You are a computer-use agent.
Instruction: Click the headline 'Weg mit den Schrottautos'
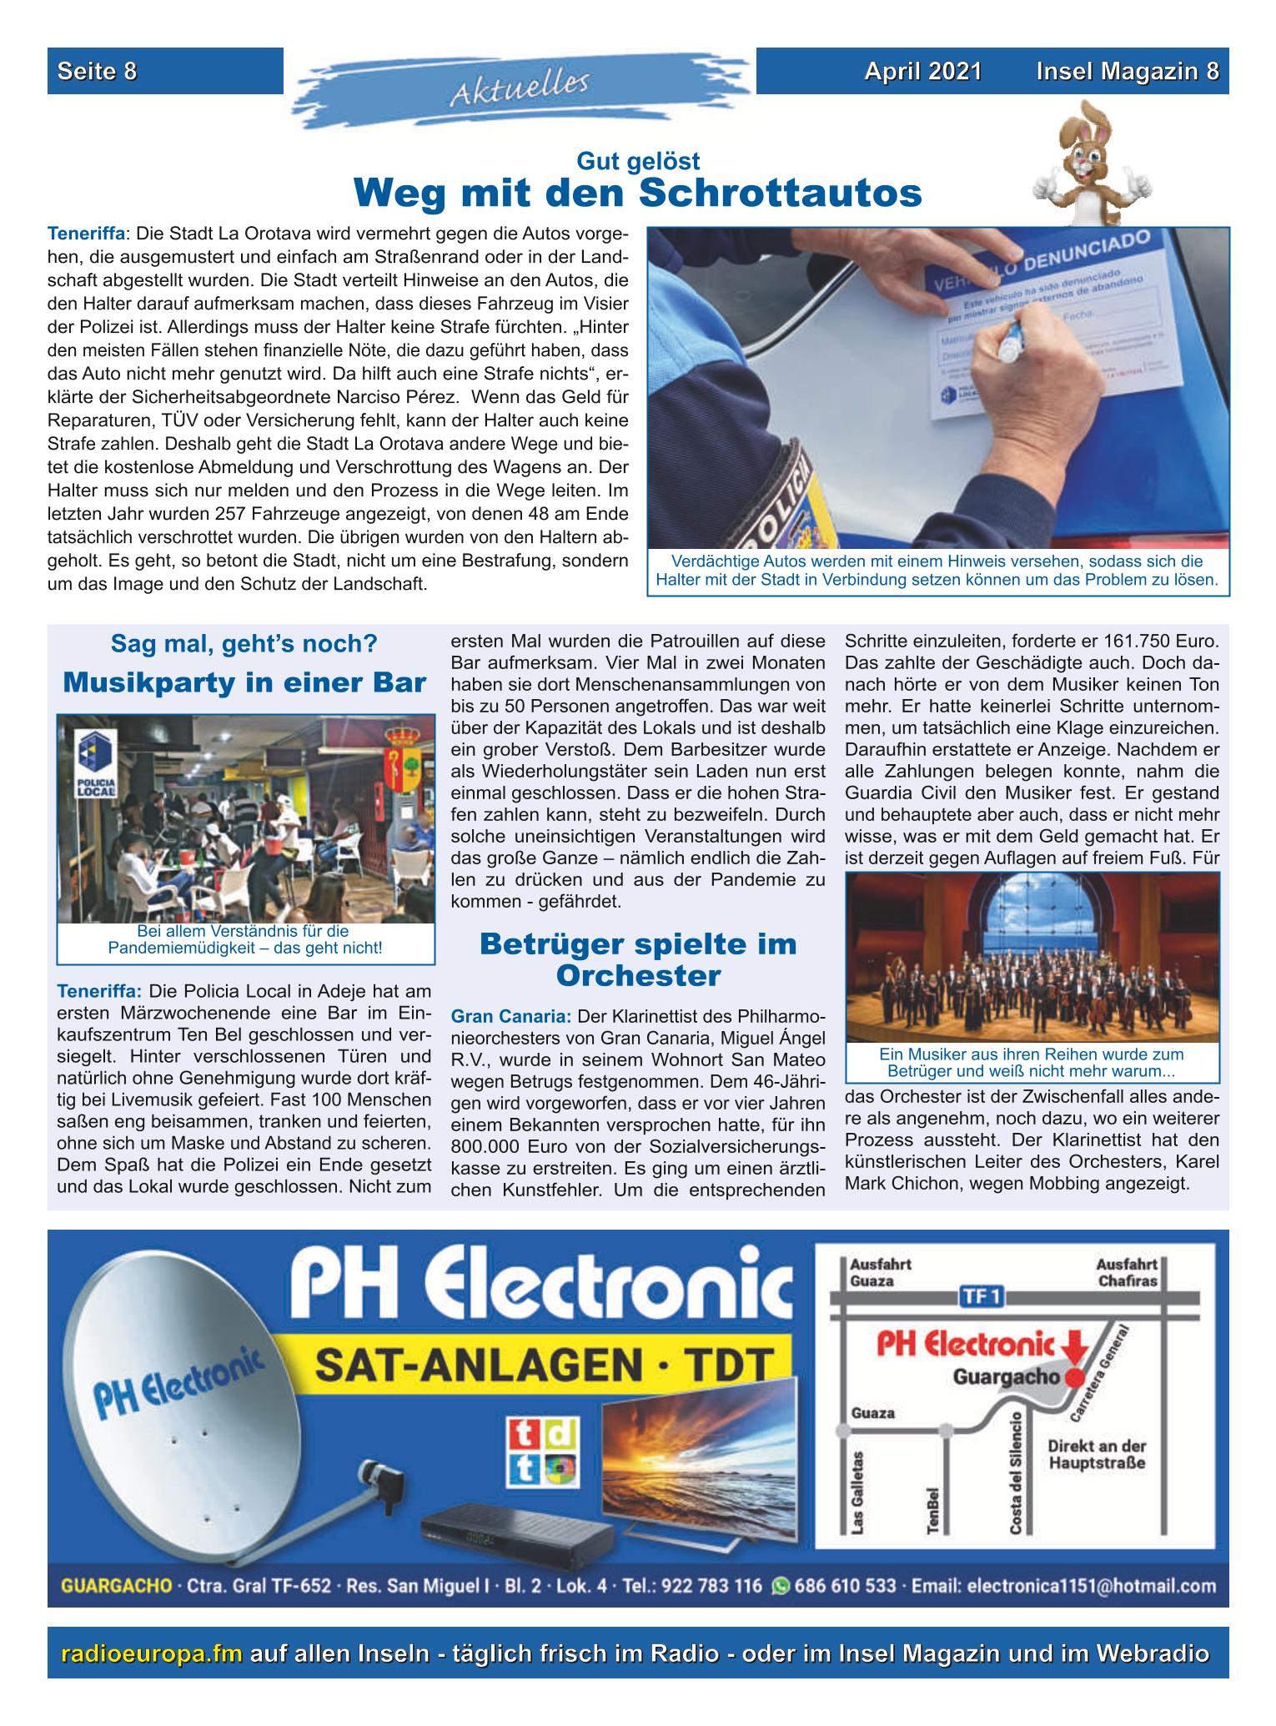(x=638, y=194)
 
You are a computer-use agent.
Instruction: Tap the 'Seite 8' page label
(x=97, y=72)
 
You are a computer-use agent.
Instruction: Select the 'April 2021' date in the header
(x=922, y=72)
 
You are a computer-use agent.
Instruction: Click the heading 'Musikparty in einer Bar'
(x=244, y=682)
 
